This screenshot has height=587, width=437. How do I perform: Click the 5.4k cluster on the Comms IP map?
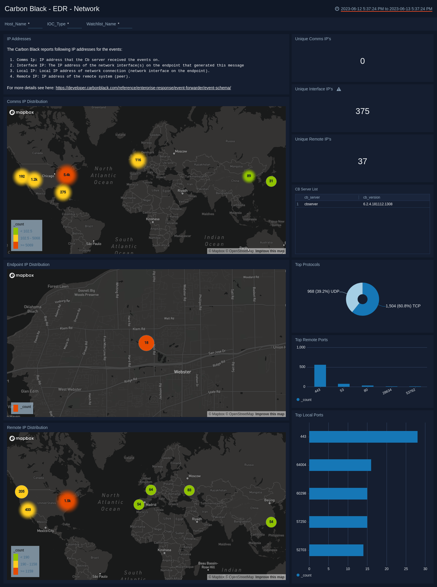67,175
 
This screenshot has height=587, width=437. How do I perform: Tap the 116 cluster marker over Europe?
138,160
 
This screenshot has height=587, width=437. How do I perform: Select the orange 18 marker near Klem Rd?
146,343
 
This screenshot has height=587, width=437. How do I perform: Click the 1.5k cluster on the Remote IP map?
67,501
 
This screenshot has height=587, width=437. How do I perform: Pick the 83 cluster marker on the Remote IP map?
189,490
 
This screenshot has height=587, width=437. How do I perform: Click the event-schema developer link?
143,88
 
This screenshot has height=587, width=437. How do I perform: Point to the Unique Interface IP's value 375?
362,111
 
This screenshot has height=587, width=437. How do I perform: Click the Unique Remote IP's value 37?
362,161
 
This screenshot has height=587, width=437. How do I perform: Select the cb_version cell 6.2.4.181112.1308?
378,204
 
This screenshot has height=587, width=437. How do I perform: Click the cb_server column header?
312,197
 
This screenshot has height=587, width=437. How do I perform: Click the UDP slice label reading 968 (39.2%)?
323,291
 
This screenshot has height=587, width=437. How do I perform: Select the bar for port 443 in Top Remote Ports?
320,376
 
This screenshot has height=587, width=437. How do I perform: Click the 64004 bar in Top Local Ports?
340,465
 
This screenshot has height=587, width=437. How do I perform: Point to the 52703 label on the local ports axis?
301,550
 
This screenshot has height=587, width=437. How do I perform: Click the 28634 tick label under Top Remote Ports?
387,392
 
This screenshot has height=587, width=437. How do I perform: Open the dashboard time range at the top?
386,9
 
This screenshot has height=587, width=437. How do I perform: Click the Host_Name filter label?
15,24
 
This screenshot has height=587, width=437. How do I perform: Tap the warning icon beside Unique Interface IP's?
339,89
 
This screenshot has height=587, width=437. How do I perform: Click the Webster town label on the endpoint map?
182,372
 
